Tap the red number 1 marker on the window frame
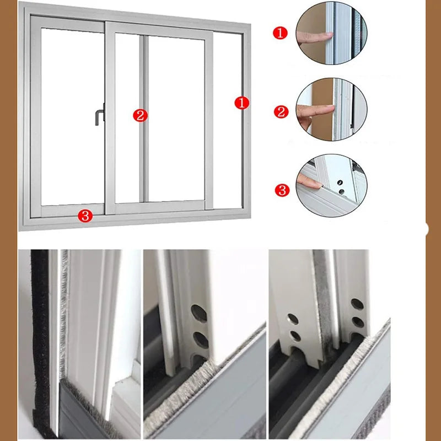(x=241, y=103)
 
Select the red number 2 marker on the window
(x=140, y=115)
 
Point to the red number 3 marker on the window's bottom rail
(x=85, y=216)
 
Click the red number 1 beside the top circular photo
(x=281, y=34)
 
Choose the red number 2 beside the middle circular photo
(x=281, y=112)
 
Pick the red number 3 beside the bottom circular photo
(x=282, y=191)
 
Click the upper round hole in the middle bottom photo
(x=200, y=313)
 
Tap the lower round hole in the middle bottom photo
(x=200, y=336)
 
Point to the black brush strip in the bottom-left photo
(x=40, y=342)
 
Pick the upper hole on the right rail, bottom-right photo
(x=357, y=304)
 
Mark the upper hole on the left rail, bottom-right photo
(x=293, y=319)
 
